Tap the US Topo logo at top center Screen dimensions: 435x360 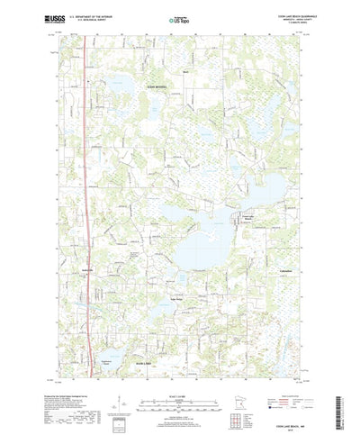pyautogui.click(x=180, y=17)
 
